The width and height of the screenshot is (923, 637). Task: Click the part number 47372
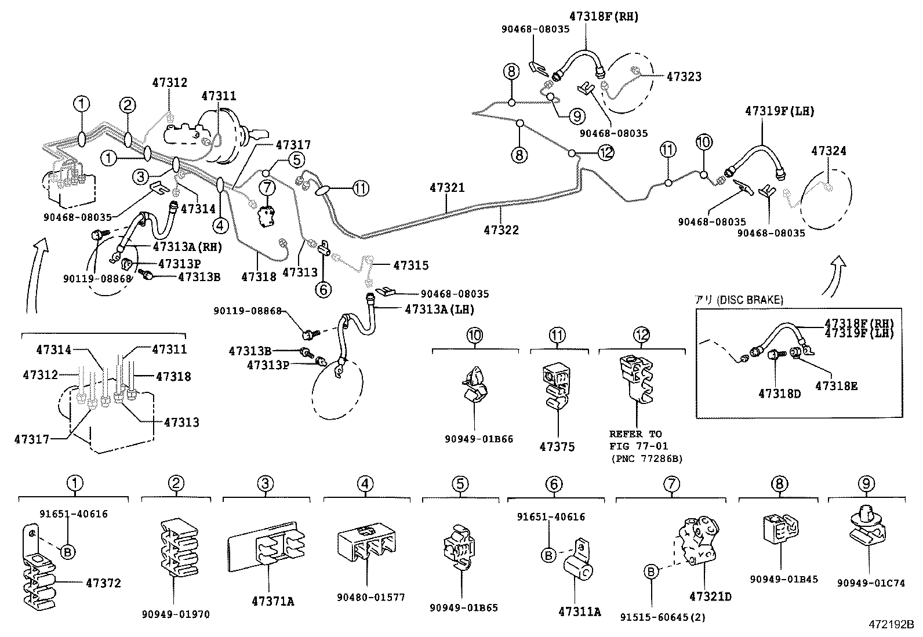(103, 583)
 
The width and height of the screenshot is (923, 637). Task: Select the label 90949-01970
(176, 614)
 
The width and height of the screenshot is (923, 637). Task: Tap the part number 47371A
(272, 602)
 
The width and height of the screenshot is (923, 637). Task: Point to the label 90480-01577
(371, 597)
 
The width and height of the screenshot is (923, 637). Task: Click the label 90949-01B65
(464, 607)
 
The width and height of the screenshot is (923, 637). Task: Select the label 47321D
(710, 596)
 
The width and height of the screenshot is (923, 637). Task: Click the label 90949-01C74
(870, 583)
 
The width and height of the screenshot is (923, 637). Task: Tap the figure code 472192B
(890, 625)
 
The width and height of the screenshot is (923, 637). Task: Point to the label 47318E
(836, 385)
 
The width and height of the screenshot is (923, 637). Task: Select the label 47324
(828, 151)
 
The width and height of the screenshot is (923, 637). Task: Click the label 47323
(684, 77)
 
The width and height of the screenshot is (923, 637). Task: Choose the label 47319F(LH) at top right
(779, 111)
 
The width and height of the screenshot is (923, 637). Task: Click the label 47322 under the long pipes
(501, 230)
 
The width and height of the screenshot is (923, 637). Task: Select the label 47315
(410, 265)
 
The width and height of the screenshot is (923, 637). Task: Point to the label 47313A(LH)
(439, 310)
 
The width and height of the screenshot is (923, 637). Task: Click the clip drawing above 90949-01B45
(780, 530)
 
